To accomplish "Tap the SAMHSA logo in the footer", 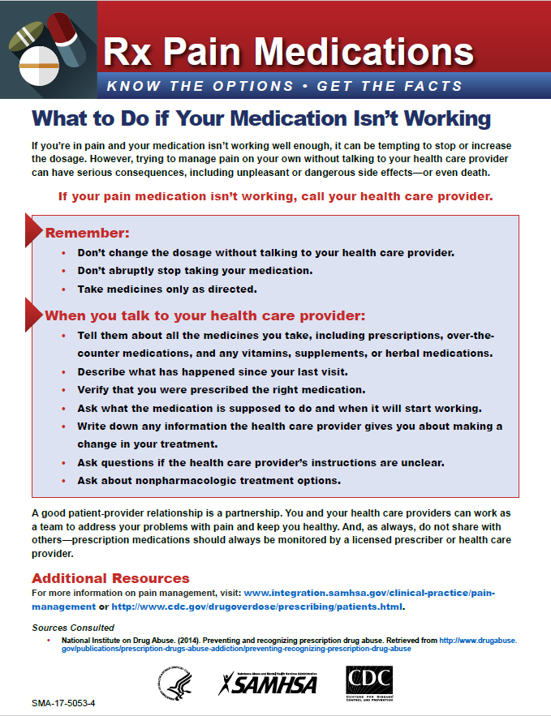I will (268, 683).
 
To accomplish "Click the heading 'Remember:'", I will (87, 234).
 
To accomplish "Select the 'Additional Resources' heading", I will (110, 578).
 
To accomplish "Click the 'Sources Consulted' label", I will (73, 628).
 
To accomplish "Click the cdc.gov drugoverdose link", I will (256, 607).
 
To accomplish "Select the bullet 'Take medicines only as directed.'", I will (167, 289).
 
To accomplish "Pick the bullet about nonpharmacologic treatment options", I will (209, 480).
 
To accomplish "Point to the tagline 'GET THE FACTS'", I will (390, 86).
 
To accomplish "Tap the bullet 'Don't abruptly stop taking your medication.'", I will (195, 270).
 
